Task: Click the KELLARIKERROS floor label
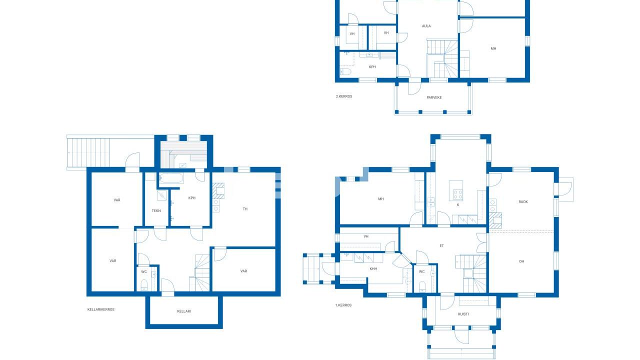(101, 309)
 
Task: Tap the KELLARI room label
(183, 311)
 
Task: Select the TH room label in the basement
(245, 209)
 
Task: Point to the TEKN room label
(156, 210)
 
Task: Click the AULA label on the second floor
(426, 26)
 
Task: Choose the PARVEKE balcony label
(434, 97)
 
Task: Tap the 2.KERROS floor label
(343, 96)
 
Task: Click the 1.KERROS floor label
(343, 305)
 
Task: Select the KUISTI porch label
(463, 314)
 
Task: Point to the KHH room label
(373, 269)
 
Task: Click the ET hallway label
(441, 245)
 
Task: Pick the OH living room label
(521, 261)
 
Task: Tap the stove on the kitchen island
(458, 194)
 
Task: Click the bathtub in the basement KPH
(171, 178)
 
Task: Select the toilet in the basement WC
(144, 285)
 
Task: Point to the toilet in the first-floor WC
(422, 286)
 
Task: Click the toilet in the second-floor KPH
(345, 71)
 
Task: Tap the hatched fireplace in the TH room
(218, 191)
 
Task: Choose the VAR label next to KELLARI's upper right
(243, 271)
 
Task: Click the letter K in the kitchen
(457, 205)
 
